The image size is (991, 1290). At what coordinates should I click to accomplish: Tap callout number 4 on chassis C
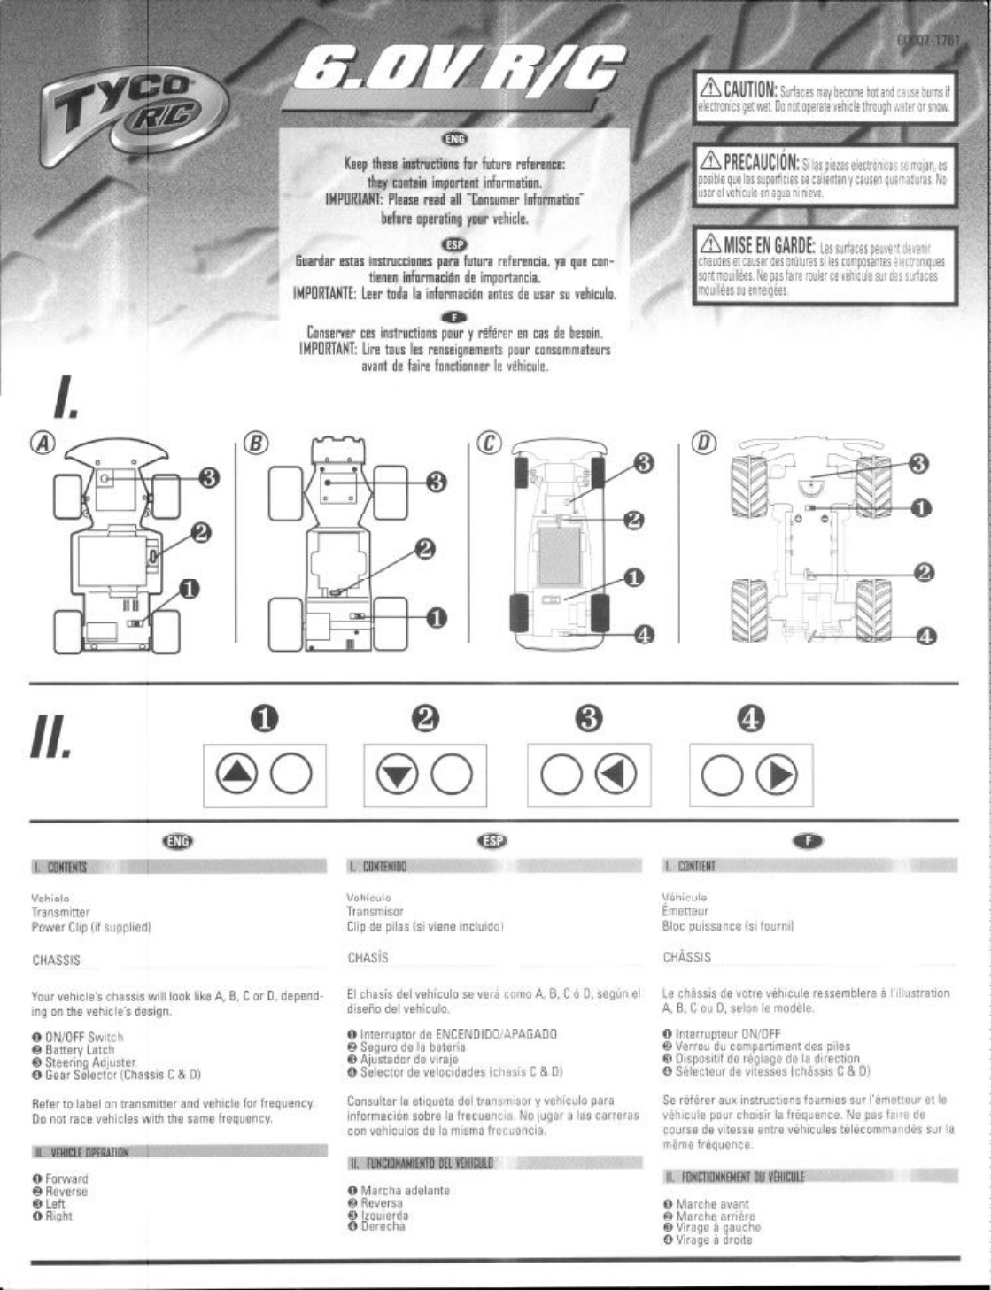(x=644, y=633)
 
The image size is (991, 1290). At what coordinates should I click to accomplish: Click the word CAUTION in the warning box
(x=749, y=91)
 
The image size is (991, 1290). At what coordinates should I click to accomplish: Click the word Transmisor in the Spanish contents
(x=375, y=910)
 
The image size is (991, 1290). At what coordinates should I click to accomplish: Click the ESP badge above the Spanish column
(x=490, y=840)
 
